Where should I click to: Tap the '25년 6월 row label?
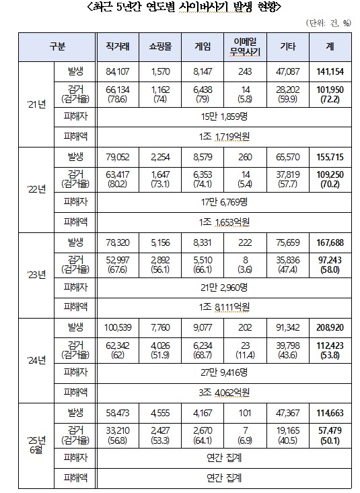pos(36,445)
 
